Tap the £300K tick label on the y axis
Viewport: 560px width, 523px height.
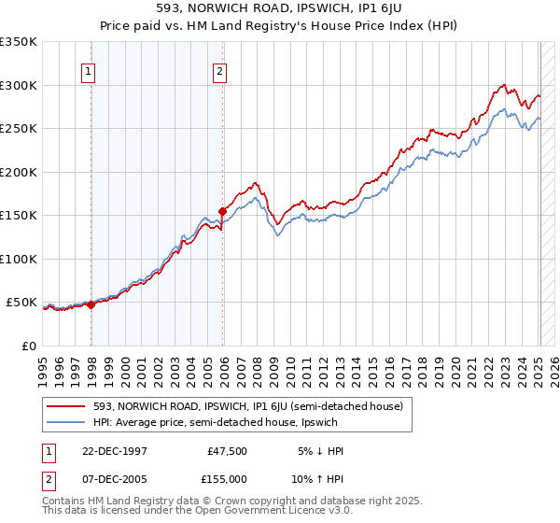point(20,85)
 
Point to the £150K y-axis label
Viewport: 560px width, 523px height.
point(20,215)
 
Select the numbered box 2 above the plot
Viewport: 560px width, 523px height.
point(219,71)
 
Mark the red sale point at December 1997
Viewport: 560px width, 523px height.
point(91,304)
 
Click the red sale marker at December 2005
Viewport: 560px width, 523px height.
point(223,211)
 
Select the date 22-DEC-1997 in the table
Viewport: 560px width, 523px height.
point(116,450)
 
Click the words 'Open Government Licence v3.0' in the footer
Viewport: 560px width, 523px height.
point(271,512)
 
